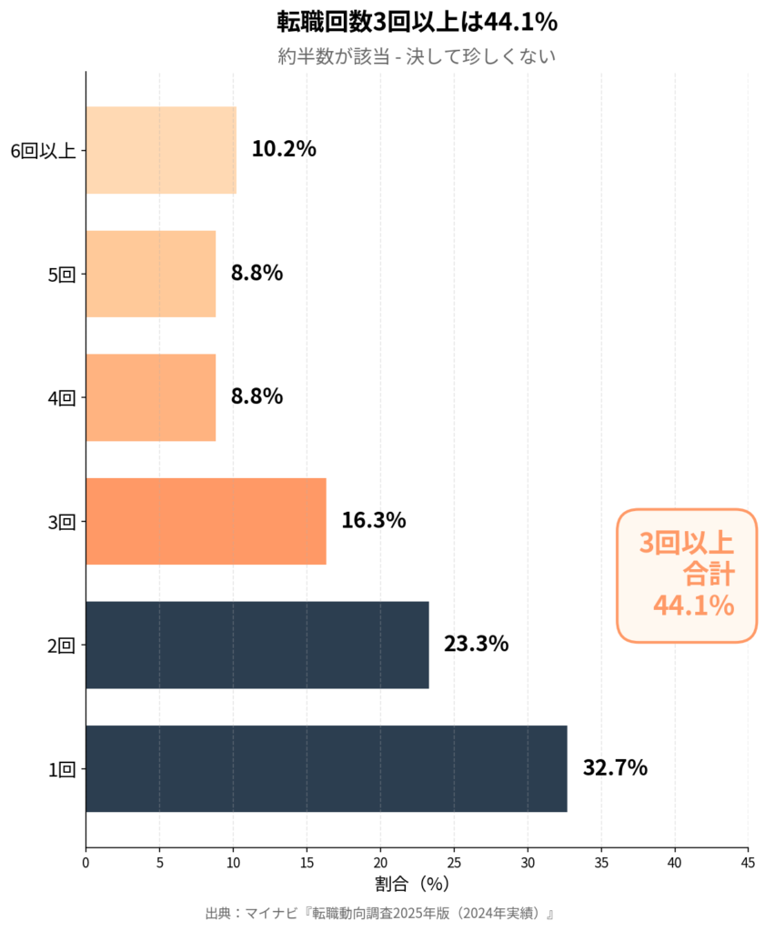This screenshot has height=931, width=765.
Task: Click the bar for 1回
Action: pos(326,768)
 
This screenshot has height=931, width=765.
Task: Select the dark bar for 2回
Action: pos(257,645)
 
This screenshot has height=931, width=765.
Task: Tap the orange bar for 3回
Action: pos(206,521)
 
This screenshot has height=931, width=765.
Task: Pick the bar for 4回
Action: pos(150,397)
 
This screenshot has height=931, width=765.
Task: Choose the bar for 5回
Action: pos(150,274)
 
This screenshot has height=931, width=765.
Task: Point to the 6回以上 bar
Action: pos(161,150)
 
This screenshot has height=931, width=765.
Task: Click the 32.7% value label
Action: pos(615,767)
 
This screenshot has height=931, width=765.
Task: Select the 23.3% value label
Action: pos(476,644)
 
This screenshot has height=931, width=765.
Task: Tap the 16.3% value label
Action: pos(373,520)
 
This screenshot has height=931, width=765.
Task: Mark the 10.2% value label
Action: pos(284,149)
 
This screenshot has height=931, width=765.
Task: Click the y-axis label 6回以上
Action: pos(43,151)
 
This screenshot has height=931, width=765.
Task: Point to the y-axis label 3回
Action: pos(61,522)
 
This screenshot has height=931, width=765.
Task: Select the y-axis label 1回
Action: pos(61,769)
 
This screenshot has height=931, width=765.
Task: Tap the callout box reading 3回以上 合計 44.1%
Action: pos(687,575)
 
